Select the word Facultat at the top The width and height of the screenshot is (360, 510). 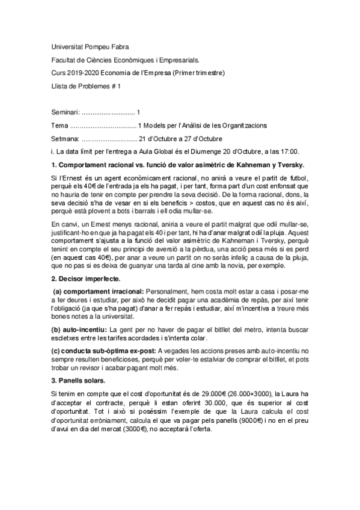[66, 60]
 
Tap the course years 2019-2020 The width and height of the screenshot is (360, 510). [82, 73]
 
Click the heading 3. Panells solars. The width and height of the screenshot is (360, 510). [78, 381]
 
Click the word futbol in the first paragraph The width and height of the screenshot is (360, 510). [298, 178]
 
